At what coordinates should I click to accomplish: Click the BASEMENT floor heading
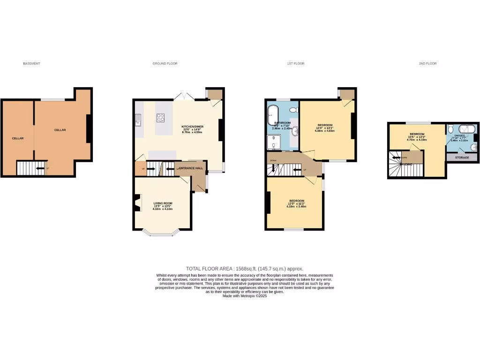pyautogui.click(x=31, y=63)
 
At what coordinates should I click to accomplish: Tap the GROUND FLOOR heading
pyautogui.click(x=165, y=63)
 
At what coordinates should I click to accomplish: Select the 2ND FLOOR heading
pyautogui.click(x=427, y=63)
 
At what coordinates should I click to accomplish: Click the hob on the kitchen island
pyautogui.click(x=161, y=118)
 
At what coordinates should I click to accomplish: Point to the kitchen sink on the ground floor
pyautogui.click(x=138, y=121)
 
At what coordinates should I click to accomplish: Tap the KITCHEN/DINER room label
pyautogui.click(x=192, y=127)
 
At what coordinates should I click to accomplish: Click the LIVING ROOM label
pyautogui.click(x=163, y=203)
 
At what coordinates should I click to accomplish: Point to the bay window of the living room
pyautogui.click(x=162, y=233)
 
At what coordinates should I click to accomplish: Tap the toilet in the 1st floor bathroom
pyautogui.click(x=293, y=110)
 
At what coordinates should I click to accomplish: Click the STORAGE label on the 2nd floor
pyautogui.click(x=462, y=157)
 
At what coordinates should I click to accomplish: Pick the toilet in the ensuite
pyautogui.click(x=450, y=129)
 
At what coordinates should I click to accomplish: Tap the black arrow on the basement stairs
pyautogui.click(x=40, y=168)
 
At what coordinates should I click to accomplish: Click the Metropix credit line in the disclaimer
pyautogui.click(x=245, y=296)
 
